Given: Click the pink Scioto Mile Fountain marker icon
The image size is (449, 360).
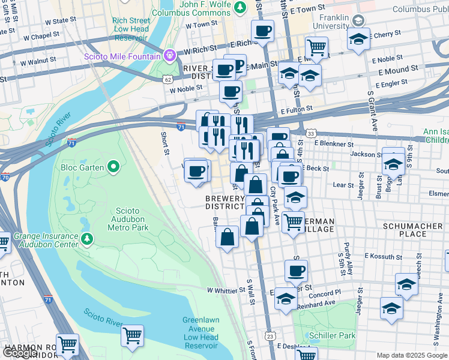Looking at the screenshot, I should tap(170, 56).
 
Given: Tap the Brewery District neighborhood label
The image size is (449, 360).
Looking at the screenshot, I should tap(225, 202).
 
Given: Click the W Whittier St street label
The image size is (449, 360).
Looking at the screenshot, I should tap(227, 290).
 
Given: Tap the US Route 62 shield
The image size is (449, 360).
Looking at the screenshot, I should tap(167, 79).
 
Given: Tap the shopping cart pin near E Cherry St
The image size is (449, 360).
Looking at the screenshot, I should tap(316, 47).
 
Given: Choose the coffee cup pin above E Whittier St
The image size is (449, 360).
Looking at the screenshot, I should tap(295, 271).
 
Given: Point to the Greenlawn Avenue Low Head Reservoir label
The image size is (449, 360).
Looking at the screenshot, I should tap(200, 333).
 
